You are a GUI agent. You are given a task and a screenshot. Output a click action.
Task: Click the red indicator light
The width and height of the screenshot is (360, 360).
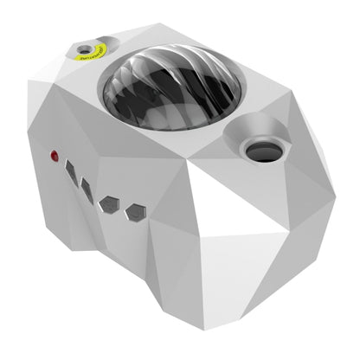coord(55,157)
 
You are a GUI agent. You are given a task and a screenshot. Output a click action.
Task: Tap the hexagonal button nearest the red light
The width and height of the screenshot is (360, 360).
coord(70,170)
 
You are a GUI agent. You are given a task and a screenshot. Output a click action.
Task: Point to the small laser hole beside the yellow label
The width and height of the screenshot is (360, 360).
coord(84,48)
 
